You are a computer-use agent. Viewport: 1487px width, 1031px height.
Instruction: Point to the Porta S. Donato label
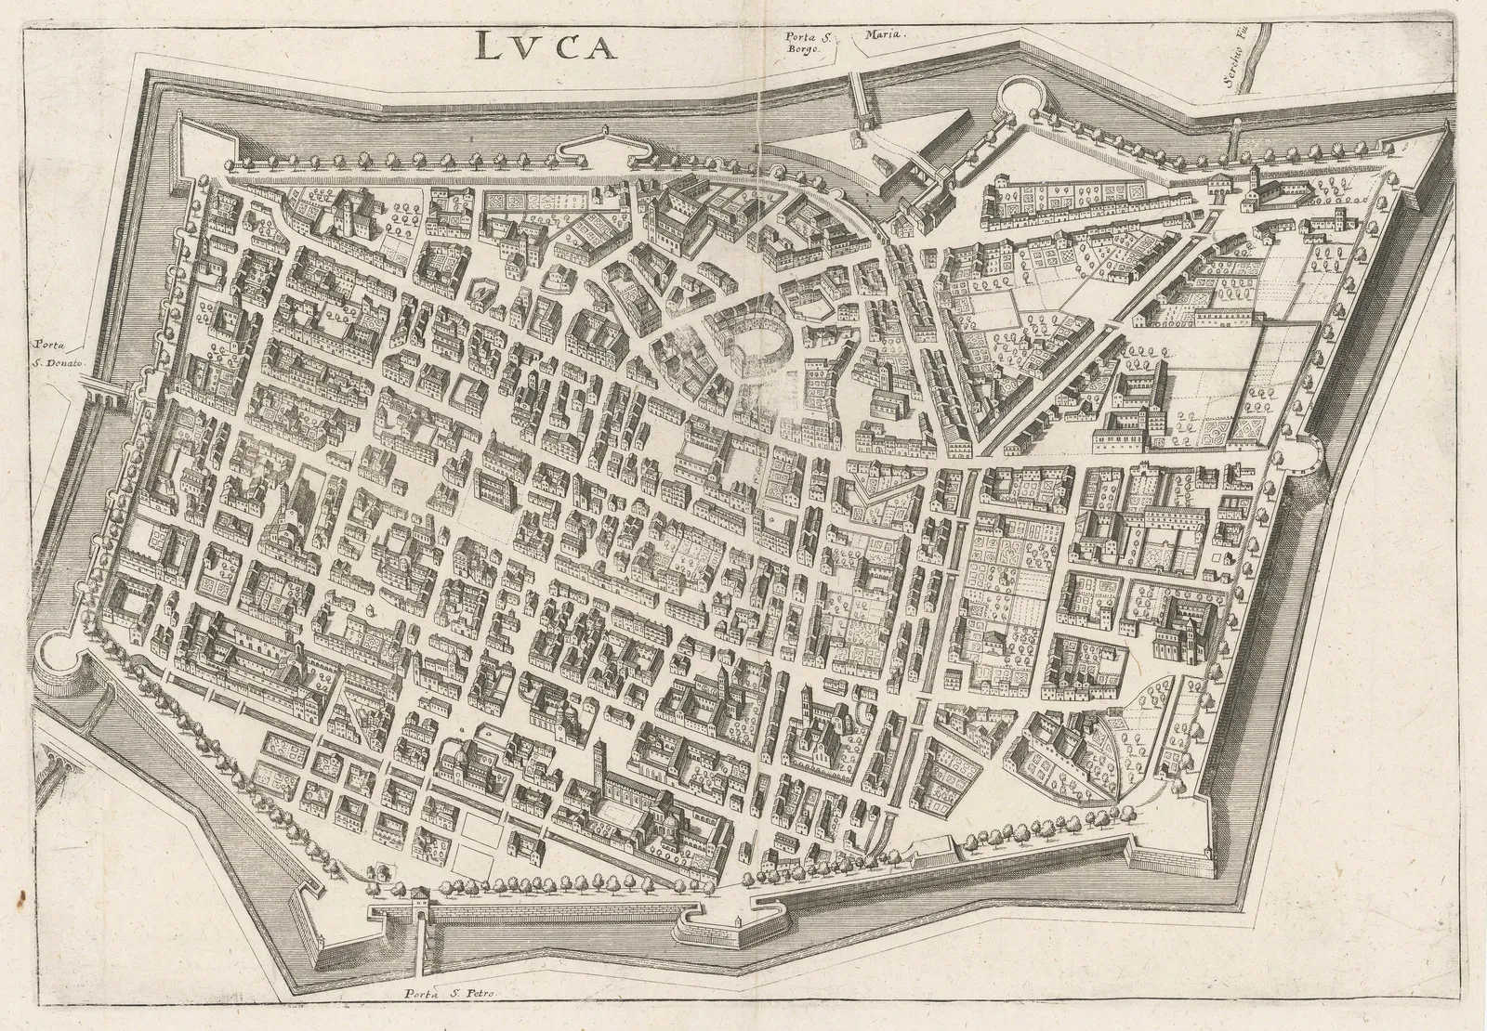[x=56, y=354]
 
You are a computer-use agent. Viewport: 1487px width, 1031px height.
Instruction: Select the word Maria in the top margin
[x=886, y=34]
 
